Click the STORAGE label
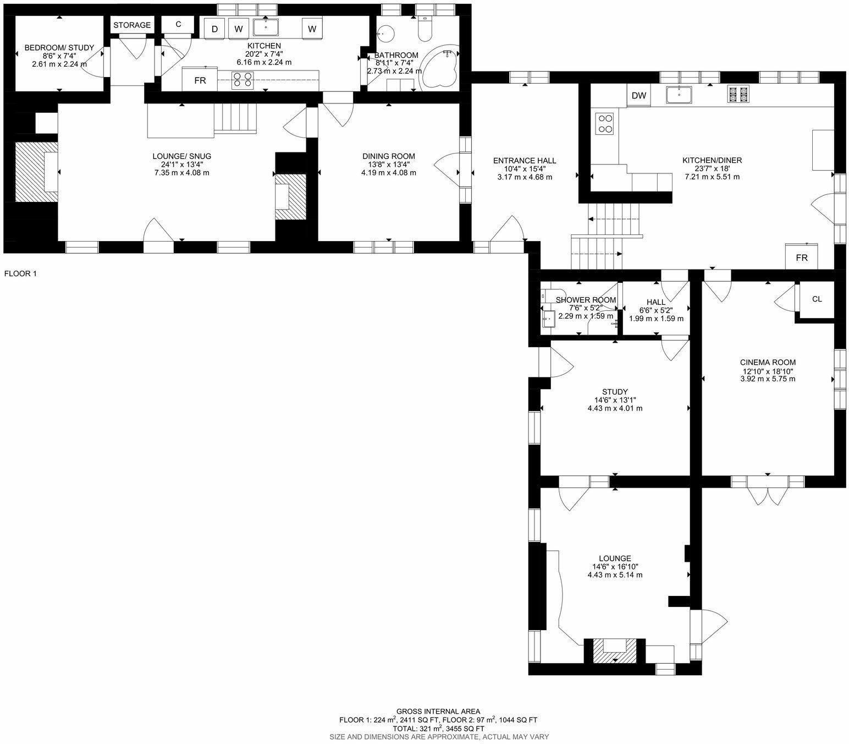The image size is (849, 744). click(132, 25)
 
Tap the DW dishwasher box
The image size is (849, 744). click(639, 96)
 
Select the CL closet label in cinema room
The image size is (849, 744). click(817, 299)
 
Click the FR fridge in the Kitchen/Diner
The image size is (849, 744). click(802, 256)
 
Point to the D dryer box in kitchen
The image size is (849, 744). click(214, 29)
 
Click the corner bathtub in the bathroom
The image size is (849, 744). click(440, 69)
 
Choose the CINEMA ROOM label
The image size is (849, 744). click(768, 363)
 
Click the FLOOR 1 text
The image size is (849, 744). click(20, 273)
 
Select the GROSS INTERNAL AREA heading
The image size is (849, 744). click(438, 711)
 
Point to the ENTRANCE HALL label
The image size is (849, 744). click(525, 161)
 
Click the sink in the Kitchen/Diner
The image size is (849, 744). click(679, 95)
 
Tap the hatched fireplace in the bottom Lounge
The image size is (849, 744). click(615, 650)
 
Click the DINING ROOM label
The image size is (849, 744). click(388, 156)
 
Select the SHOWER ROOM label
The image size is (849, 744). click(586, 300)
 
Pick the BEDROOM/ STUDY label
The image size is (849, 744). click(59, 48)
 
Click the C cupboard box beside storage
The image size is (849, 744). click(178, 24)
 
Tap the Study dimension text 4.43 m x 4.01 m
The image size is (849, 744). click(615, 408)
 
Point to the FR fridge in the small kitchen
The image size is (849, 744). click(200, 80)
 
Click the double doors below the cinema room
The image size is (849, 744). click(768, 492)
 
